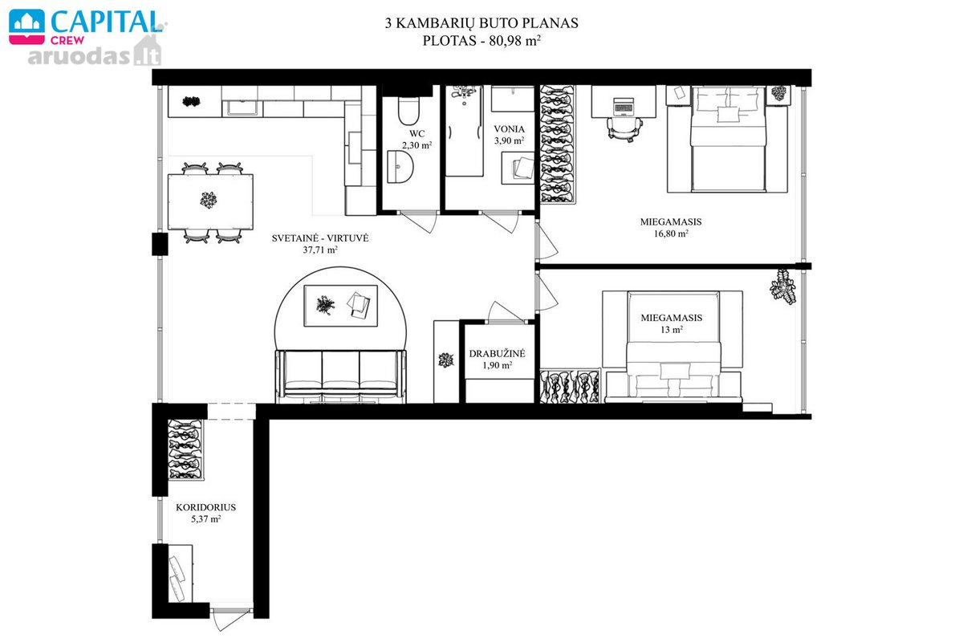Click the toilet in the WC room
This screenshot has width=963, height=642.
(x=408, y=111)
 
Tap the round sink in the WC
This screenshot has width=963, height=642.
(x=400, y=167)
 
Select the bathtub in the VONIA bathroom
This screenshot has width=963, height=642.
(x=465, y=131)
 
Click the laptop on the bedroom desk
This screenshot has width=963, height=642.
(x=624, y=107)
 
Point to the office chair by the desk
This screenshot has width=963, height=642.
(x=624, y=129)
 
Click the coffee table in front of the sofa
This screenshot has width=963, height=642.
(x=340, y=306)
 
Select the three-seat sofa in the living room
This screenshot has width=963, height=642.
(x=340, y=376)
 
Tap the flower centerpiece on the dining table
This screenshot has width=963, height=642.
(x=209, y=200)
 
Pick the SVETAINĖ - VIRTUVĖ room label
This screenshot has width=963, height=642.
(x=320, y=238)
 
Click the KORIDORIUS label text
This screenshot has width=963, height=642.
(x=206, y=507)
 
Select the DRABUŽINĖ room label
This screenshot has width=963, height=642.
(x=497, y=353)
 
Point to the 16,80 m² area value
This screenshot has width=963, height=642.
(x=671, y=234)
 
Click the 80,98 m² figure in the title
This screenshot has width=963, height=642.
(x=514, y=41)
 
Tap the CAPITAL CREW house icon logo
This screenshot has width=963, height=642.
(x=26, y=26)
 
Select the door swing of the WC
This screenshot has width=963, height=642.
(x=419, y=222)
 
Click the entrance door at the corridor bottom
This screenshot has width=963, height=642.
(x=231, y=620)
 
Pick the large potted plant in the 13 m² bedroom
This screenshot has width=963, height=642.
(x=782, y=286)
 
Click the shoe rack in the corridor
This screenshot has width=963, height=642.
(x=185, y=449)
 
